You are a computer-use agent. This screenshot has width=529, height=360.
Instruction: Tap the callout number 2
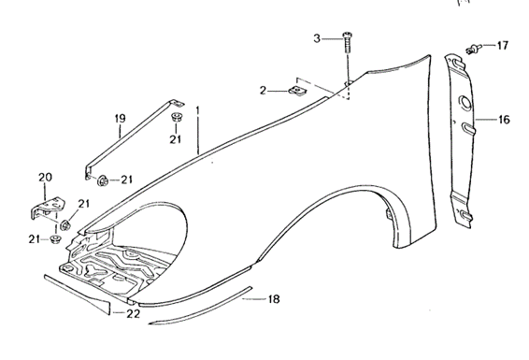click(x=264, y=91)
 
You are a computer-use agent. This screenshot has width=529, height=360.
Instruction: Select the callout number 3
click(x=317, y=38)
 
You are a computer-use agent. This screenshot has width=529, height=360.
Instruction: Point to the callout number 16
click(x=504, y=120)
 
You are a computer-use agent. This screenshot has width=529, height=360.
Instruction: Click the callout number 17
click(x=502, y=45)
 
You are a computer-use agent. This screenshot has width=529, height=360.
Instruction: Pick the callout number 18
click(x=274, y=299)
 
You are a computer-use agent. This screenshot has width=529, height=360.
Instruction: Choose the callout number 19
click(x=120, y=118)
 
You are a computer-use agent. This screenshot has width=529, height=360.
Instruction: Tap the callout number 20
click(x=45, y=178)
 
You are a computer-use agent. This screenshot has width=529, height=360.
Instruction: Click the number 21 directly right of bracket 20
click(x=83, y=204)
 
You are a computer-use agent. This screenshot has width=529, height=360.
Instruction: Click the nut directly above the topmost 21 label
click(x=176, y=118)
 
